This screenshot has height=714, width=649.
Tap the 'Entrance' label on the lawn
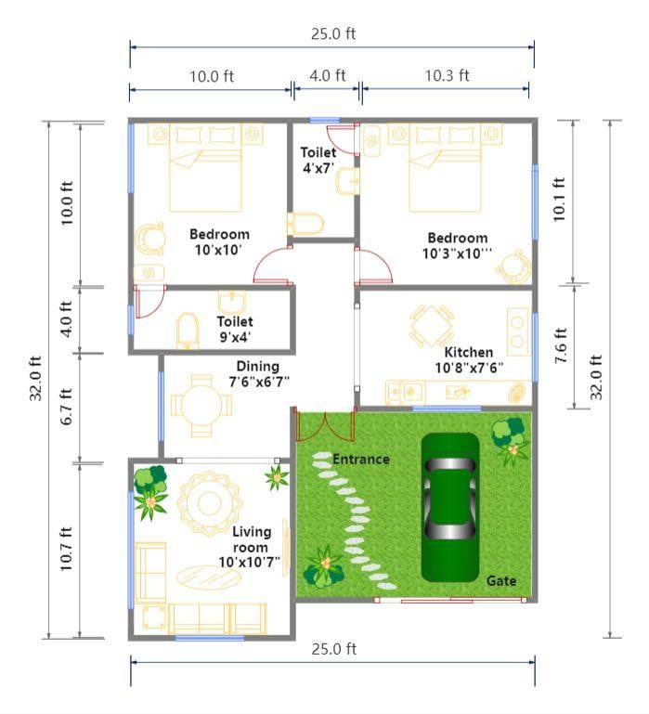361,459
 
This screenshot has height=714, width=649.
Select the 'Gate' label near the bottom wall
501,580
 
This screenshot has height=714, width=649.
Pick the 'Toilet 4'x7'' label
318,160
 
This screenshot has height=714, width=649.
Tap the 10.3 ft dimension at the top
447,76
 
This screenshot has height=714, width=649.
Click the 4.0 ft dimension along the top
327,76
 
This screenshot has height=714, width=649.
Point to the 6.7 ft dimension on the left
66,407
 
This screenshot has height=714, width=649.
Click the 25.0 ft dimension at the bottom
333,649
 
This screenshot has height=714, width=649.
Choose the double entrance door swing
324,427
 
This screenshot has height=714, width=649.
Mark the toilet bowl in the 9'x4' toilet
188,329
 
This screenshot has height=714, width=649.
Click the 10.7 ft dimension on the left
66,550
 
